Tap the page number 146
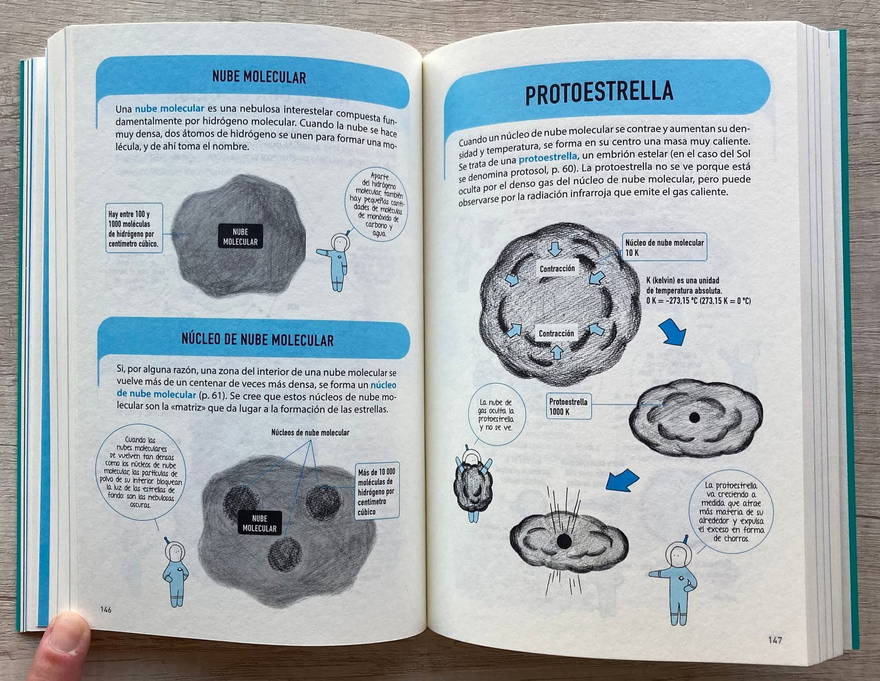point(106,609)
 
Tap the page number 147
point(774,640)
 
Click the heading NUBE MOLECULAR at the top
point(259,77)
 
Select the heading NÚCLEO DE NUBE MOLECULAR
point(258,340)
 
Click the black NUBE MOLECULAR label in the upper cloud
point(241,236)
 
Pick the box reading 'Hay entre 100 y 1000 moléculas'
point(134,228)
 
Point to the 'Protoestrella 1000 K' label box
point(568,406)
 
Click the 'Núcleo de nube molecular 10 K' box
point(664,247)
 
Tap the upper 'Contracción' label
point(557,269)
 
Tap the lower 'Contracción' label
point(556,333)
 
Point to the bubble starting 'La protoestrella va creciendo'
point(731,512)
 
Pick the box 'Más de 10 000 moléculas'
point(377,491)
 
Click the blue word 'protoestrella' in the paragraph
point(548,157)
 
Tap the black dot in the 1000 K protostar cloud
point(694,418)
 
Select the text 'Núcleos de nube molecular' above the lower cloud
point(310,432)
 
